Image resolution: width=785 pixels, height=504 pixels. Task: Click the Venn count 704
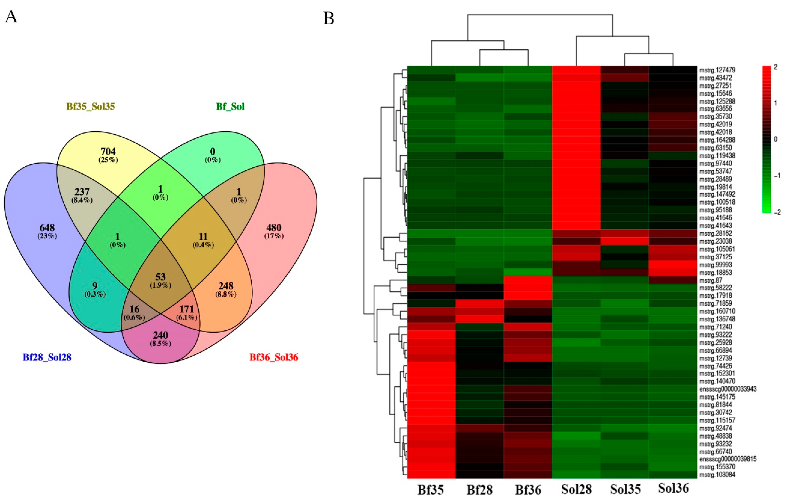pyautogui.click(x=108, y=152)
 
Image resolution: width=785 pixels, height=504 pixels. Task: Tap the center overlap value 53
pyautogui.click(x=160, y=277)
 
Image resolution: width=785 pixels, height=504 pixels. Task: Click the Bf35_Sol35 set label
pyautogui.click(x=91, y=107)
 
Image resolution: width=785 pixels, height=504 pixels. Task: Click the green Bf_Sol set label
pyautogui.click(x=230, y=107)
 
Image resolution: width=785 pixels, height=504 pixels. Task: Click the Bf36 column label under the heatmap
pyautogui.click(x=528, y=490)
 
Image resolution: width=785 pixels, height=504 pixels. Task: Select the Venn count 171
pyautogui.click(x=186, y=309)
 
